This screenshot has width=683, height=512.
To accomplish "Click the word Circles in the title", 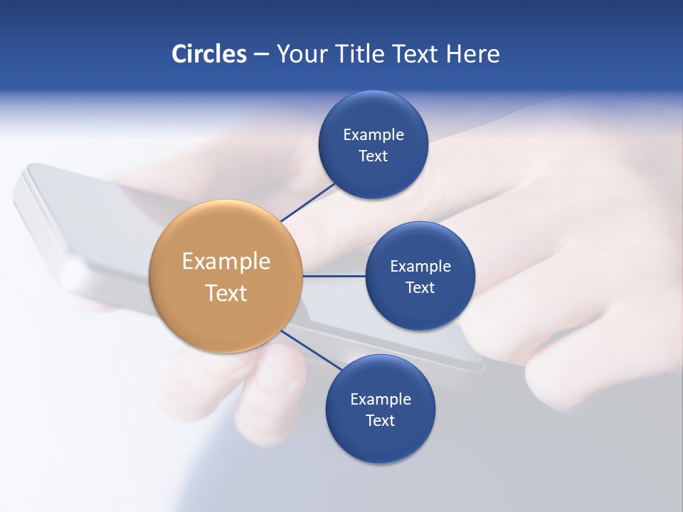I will point(208,54).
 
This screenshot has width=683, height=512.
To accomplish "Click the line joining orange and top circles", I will point(309,202).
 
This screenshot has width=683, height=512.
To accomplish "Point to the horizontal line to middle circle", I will point(334,276).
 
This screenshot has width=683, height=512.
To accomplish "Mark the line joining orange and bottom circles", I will point(306,348).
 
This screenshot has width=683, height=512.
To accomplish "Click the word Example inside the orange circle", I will point(226,262).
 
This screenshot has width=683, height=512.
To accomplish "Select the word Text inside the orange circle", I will point(226,293).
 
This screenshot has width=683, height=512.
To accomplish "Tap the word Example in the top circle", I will point(374,134).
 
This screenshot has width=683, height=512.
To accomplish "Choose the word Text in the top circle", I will point(373,156).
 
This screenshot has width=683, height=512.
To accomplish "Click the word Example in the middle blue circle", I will point(420,266).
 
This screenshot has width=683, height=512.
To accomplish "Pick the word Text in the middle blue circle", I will point(420,287).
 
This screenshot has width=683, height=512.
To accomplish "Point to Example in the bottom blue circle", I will point(381,399).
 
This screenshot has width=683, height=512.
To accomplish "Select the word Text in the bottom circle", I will point(380,420).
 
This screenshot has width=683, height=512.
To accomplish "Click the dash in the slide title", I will point(261,55).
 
